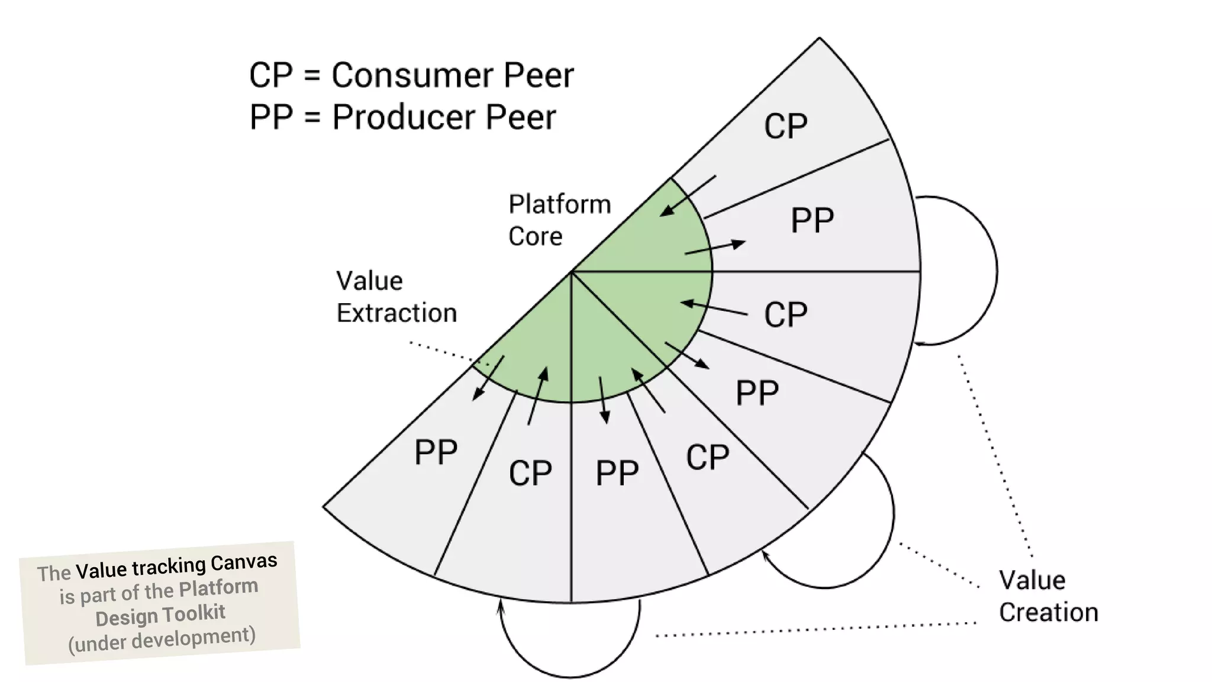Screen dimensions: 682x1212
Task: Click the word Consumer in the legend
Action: click(411, 76)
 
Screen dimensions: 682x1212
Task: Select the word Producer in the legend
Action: click(402, 117)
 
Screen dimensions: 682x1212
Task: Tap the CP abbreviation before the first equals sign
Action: click(271, 76)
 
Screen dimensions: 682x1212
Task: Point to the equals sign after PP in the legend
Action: click(312, 117)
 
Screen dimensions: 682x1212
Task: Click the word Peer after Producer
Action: click(521, 117)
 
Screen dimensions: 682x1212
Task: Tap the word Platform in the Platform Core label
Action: click(559, 205)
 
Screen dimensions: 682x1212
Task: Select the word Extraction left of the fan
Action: click(397, 313)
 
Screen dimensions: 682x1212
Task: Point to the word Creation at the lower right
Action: click(1048, 613)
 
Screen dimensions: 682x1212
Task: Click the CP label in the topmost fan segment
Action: click(785, 126)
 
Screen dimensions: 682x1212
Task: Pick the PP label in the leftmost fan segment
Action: click(436, 453)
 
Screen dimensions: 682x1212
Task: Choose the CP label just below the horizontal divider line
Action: click(785, 314)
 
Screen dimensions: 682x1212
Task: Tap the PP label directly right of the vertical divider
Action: click(617, 473)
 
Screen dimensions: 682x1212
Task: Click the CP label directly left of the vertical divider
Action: click(530, 473)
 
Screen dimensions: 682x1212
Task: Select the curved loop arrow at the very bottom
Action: click(569, 675)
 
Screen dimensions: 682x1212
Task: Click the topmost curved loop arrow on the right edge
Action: click(996, 271)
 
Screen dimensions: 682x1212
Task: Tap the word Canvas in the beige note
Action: click(244, 562)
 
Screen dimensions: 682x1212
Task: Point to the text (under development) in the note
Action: click(162, 640)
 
